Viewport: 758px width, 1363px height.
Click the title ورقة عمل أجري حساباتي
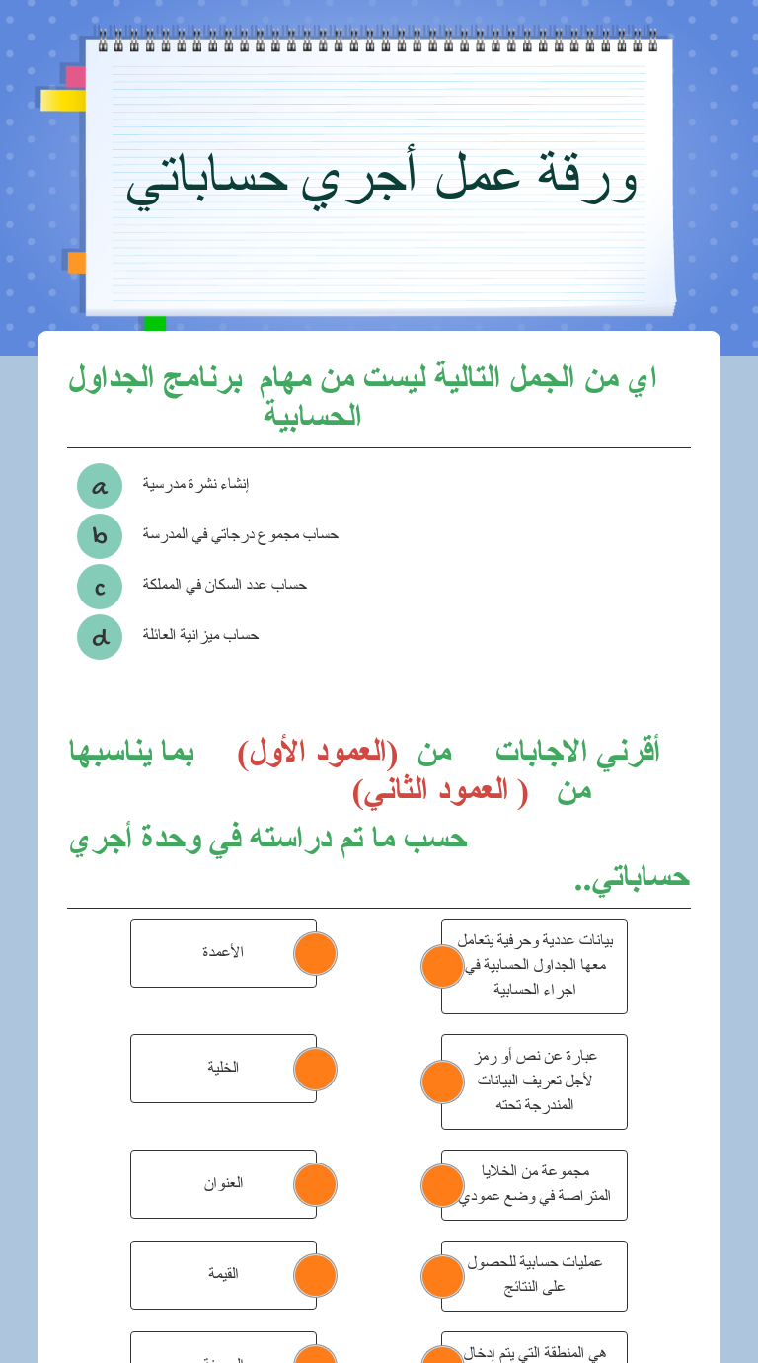click(381, 178)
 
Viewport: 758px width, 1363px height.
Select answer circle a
click(100, 486)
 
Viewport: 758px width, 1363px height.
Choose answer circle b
click(100, 536)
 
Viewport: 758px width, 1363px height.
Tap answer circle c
click(100, 587)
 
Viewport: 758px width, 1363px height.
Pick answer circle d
click(100, 637)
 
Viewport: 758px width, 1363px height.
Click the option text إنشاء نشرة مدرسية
click(195, 484)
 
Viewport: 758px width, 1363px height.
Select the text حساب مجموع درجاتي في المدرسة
click(240, 534)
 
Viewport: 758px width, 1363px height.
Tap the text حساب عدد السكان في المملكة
click(224, 585)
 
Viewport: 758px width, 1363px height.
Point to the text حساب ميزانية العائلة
click(200, 635)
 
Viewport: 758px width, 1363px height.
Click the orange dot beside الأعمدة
click(316, 954)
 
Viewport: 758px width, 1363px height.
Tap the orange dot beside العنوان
click(316, 1185)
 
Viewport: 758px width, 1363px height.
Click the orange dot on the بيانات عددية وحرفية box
click(442, 966)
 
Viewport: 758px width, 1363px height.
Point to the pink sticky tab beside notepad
click(74, 76)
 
